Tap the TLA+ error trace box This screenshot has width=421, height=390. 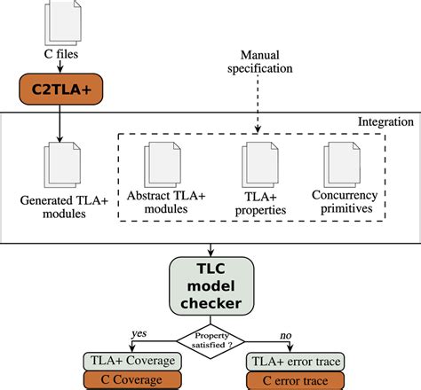[x=294, y=360]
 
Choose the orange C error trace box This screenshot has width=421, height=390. [x=294, y=379]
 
